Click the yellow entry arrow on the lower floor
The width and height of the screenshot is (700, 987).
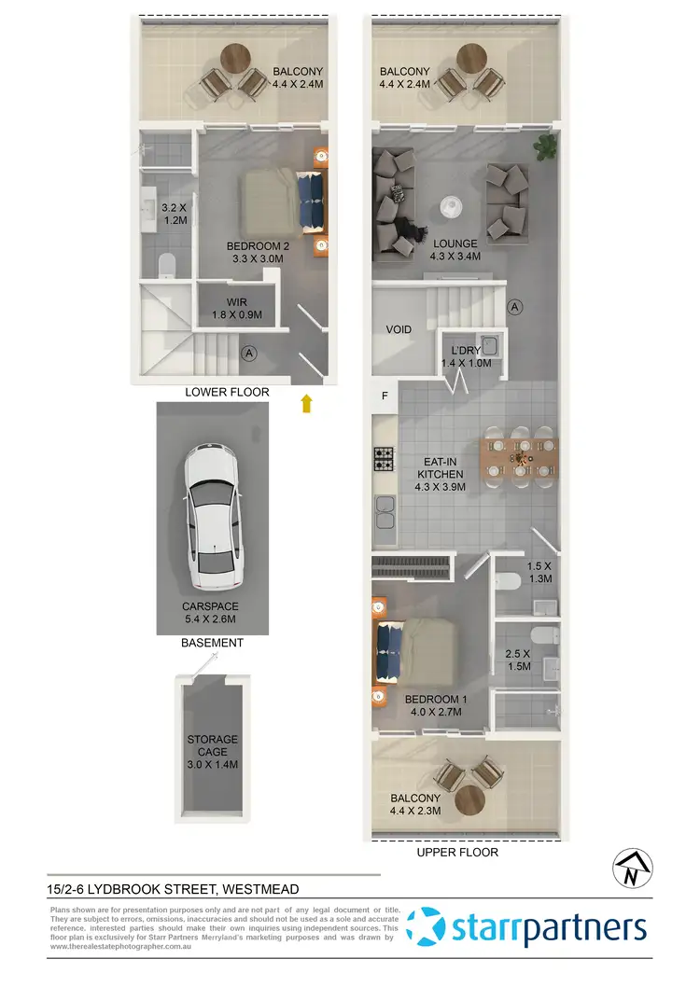[x=306, y=403]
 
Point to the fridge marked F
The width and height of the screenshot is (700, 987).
[x=384, y=396]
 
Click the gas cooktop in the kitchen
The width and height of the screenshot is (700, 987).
[x=385, y=459]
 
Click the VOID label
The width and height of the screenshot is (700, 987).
[x=400, y=329]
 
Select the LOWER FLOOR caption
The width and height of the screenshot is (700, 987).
[x=227, y=393]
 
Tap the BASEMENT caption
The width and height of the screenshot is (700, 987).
[x=212, y=643]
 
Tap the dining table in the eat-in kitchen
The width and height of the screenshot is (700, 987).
[x=519, y=456]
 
